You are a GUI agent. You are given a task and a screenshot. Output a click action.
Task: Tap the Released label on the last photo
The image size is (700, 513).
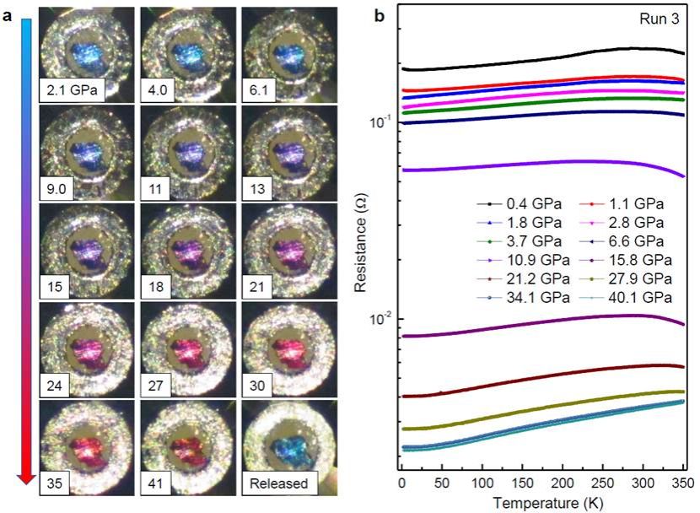point(277,484)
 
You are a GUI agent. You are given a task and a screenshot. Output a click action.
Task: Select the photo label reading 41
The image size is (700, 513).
point(155,484)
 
